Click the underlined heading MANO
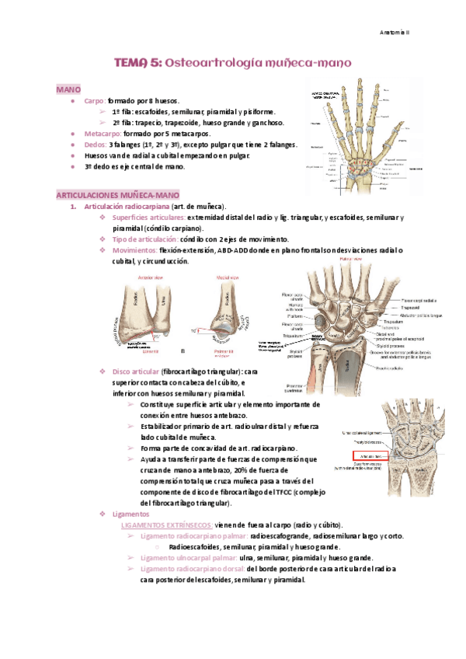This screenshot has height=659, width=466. point(67,90)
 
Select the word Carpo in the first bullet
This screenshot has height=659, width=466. point(94,101)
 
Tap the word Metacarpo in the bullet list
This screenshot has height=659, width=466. point(102,134)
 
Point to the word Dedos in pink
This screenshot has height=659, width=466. point(95,145)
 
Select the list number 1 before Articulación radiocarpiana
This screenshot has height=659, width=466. point(72,206)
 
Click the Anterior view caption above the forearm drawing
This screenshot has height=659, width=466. point(149,277)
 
